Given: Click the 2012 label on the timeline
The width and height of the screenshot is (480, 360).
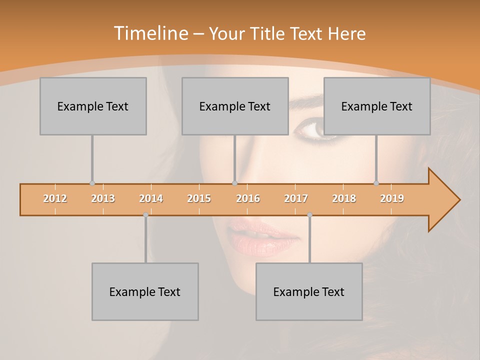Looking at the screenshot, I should [55, 198].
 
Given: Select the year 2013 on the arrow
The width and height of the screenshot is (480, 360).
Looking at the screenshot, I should [103, 198].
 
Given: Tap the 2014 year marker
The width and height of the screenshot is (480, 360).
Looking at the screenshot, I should [151, 198].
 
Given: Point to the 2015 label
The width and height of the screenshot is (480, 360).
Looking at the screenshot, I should [199, 198].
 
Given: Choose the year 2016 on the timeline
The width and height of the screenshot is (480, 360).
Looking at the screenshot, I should [248, 198].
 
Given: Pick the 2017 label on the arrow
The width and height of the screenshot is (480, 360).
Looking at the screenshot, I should [296, 198].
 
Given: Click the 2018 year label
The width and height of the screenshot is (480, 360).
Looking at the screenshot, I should [344, 198].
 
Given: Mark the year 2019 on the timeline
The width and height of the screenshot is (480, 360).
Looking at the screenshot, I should [392, 198].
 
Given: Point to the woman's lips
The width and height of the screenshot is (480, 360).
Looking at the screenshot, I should [262, 237].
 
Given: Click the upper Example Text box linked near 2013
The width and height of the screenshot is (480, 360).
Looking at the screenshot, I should [93, 106].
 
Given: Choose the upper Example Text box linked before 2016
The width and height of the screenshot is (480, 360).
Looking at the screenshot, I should [235, 106].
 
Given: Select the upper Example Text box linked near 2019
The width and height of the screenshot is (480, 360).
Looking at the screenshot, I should [377, 106].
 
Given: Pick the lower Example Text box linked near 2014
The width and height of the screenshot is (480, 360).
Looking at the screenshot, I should [145, 291].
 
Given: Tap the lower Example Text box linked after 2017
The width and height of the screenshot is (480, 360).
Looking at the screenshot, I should [309, 291].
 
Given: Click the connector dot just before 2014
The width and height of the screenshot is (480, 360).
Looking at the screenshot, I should [145, 215].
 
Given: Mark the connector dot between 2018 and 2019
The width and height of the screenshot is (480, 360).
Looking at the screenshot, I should [376, 183].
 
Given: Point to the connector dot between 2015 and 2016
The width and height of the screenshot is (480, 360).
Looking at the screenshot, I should [234, 183].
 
